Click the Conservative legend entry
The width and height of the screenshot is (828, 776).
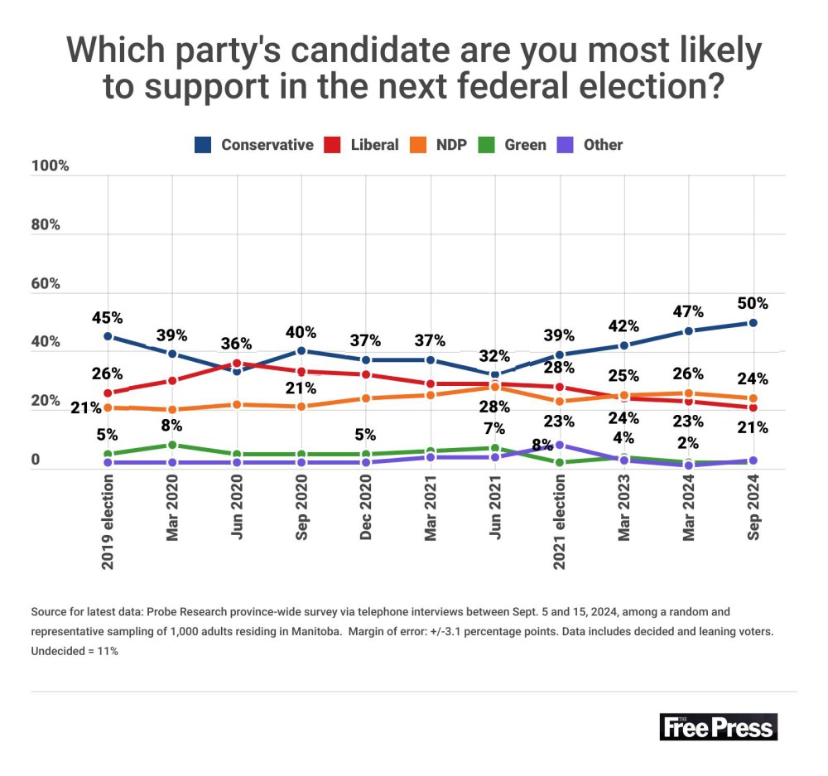254,145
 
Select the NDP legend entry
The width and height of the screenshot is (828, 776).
440,145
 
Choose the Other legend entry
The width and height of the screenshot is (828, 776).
590,145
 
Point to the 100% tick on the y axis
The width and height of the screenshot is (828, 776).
50,166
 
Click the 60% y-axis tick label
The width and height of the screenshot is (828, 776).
46,284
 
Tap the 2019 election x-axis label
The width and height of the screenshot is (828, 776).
108,523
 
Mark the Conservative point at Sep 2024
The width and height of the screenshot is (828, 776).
753,322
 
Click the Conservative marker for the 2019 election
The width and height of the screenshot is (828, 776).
108,336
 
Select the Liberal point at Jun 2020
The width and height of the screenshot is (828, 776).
237,363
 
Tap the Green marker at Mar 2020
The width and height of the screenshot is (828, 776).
172,445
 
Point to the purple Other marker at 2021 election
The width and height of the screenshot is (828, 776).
560,445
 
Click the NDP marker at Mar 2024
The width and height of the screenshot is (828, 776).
689,393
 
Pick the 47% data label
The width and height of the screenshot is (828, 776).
688,311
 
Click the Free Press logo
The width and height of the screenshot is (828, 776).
719,727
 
